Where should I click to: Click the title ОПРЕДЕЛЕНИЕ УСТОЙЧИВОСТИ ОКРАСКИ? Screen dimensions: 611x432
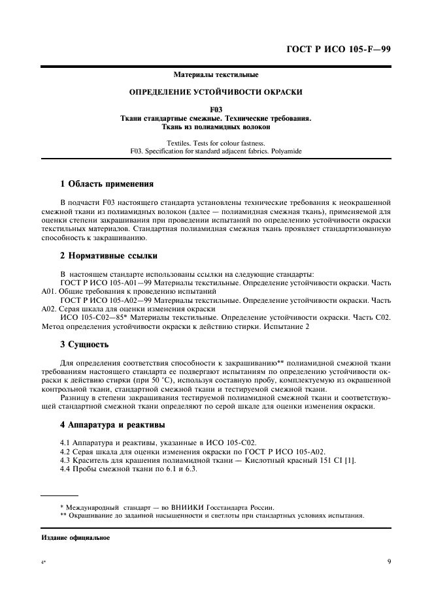tap(216, 93)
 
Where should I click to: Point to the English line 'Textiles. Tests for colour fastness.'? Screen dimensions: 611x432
tap(216, 142)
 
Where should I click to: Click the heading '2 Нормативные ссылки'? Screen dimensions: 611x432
tap(107, 255)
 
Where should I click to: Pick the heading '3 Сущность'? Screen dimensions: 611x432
tap(84, 344)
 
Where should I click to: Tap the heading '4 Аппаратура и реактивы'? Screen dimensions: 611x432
tap(112, 425)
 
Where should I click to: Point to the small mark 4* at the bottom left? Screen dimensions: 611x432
tap(44, 562)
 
